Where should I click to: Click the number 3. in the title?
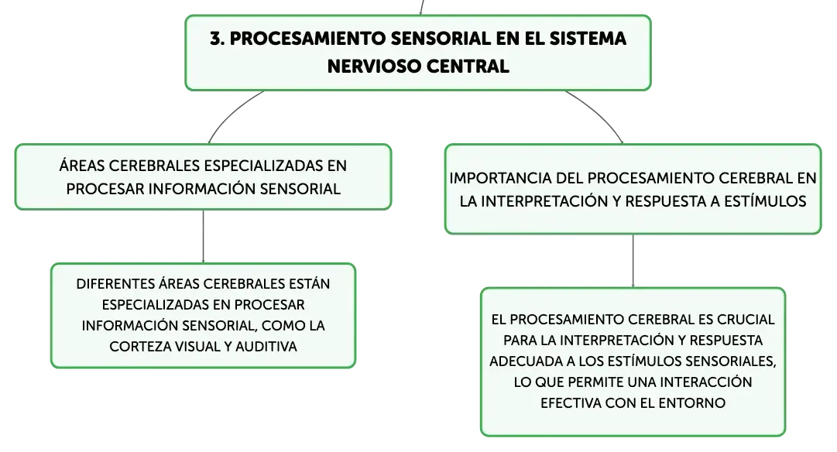218,39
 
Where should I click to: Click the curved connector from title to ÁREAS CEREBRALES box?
231,113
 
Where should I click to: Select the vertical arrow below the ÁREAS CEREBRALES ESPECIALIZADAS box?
204,236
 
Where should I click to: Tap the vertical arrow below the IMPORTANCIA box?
633,261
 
